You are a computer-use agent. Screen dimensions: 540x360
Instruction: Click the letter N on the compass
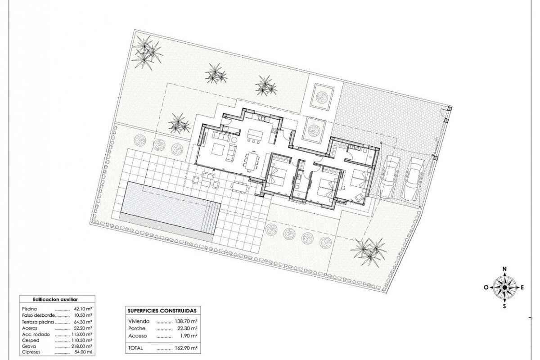click(x=504, y=269)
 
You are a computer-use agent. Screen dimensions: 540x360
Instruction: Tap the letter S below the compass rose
click(x=504, y=306)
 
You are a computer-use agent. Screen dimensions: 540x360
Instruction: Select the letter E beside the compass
click(x=522, y=288)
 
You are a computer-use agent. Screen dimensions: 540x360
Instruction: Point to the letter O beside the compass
click(x=486, y=288)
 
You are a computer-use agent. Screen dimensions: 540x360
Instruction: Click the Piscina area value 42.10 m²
click(x=83, y=309)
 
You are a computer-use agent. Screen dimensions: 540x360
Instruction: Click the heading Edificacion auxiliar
click(x=55, y=300)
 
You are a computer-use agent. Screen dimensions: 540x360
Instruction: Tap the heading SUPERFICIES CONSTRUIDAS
click(x=162, y=311)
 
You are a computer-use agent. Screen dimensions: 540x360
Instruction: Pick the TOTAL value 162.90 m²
click(x=186, y=348)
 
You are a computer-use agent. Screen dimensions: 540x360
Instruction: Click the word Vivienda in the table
click(x=139, y=321)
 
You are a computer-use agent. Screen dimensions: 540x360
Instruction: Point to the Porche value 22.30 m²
click(x=188, y=328)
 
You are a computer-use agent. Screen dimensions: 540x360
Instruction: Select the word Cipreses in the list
click(x=31, y=352)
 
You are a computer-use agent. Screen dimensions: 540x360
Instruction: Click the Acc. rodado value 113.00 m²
click(x=83, y=334)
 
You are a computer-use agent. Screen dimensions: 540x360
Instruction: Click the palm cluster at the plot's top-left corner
click(x=146, y=52)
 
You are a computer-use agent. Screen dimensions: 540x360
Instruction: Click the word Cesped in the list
click(x=31, y=340)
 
